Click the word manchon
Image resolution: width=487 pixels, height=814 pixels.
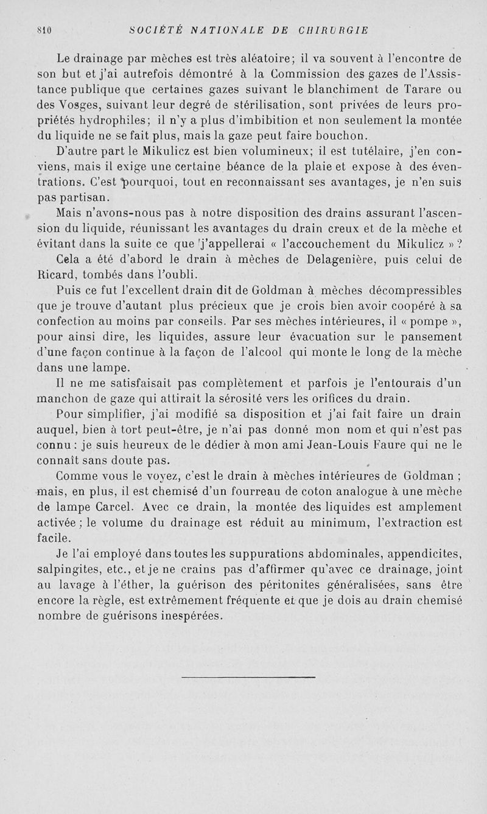(63, 399)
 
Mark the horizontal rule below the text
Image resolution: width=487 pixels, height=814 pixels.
(248, 676)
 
